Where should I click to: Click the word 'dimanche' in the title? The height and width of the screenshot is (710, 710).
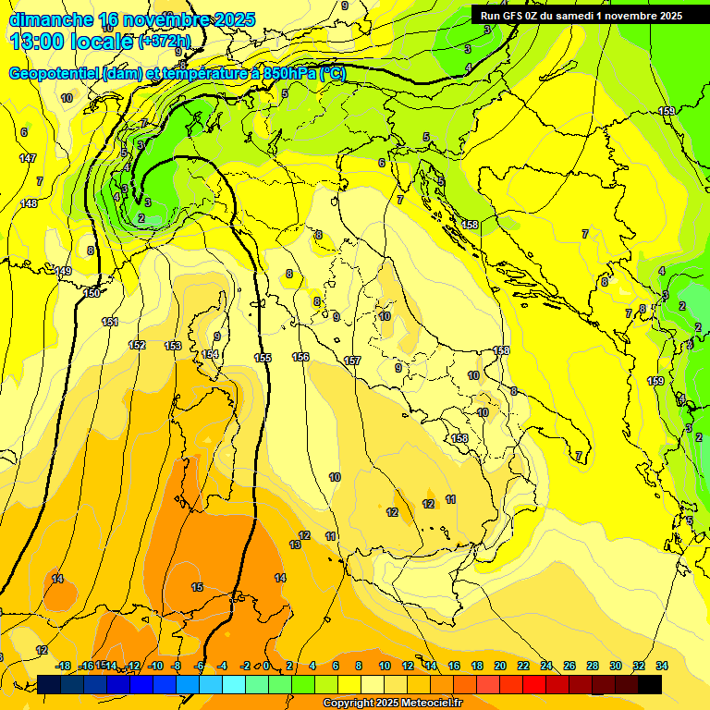click(51, 19)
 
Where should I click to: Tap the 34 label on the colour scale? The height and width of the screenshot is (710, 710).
click(662, 666)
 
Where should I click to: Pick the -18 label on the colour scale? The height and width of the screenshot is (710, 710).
click(63, 666)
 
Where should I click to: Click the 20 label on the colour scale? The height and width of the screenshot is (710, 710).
click(499, 666)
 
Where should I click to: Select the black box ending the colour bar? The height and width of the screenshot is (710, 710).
click(650, 684)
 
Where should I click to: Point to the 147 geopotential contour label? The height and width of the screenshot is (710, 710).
click(28, 158)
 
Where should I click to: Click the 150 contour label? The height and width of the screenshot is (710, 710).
click(92, 293)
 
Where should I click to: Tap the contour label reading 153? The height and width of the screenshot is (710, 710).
click(173, 346)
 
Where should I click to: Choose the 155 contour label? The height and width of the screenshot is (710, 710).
click(263, 357)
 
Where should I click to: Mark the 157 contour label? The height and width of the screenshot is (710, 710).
click(351, 361)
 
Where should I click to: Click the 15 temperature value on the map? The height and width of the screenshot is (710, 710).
click(197, 587)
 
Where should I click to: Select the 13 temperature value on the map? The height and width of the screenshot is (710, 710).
click(295, 545)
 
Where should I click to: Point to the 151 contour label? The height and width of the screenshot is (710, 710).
click(110, 322)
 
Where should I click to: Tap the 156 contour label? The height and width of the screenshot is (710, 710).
click(300, 357)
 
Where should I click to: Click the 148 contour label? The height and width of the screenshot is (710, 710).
click(30, 203)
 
